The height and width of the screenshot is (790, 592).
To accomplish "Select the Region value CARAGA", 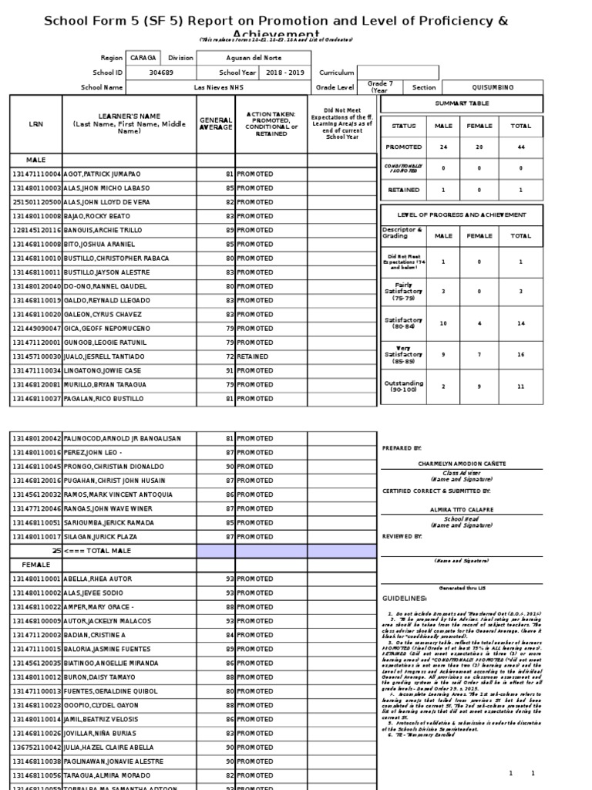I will [x=142, y=58].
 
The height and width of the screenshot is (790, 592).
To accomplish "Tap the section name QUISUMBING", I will [x=491, y=87].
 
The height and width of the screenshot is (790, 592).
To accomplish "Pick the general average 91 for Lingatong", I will [x=229, y=370].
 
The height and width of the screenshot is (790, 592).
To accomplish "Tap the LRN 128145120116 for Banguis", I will [x=36, y=230].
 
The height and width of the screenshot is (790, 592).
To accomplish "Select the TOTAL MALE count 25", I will [x=55, y=550].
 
